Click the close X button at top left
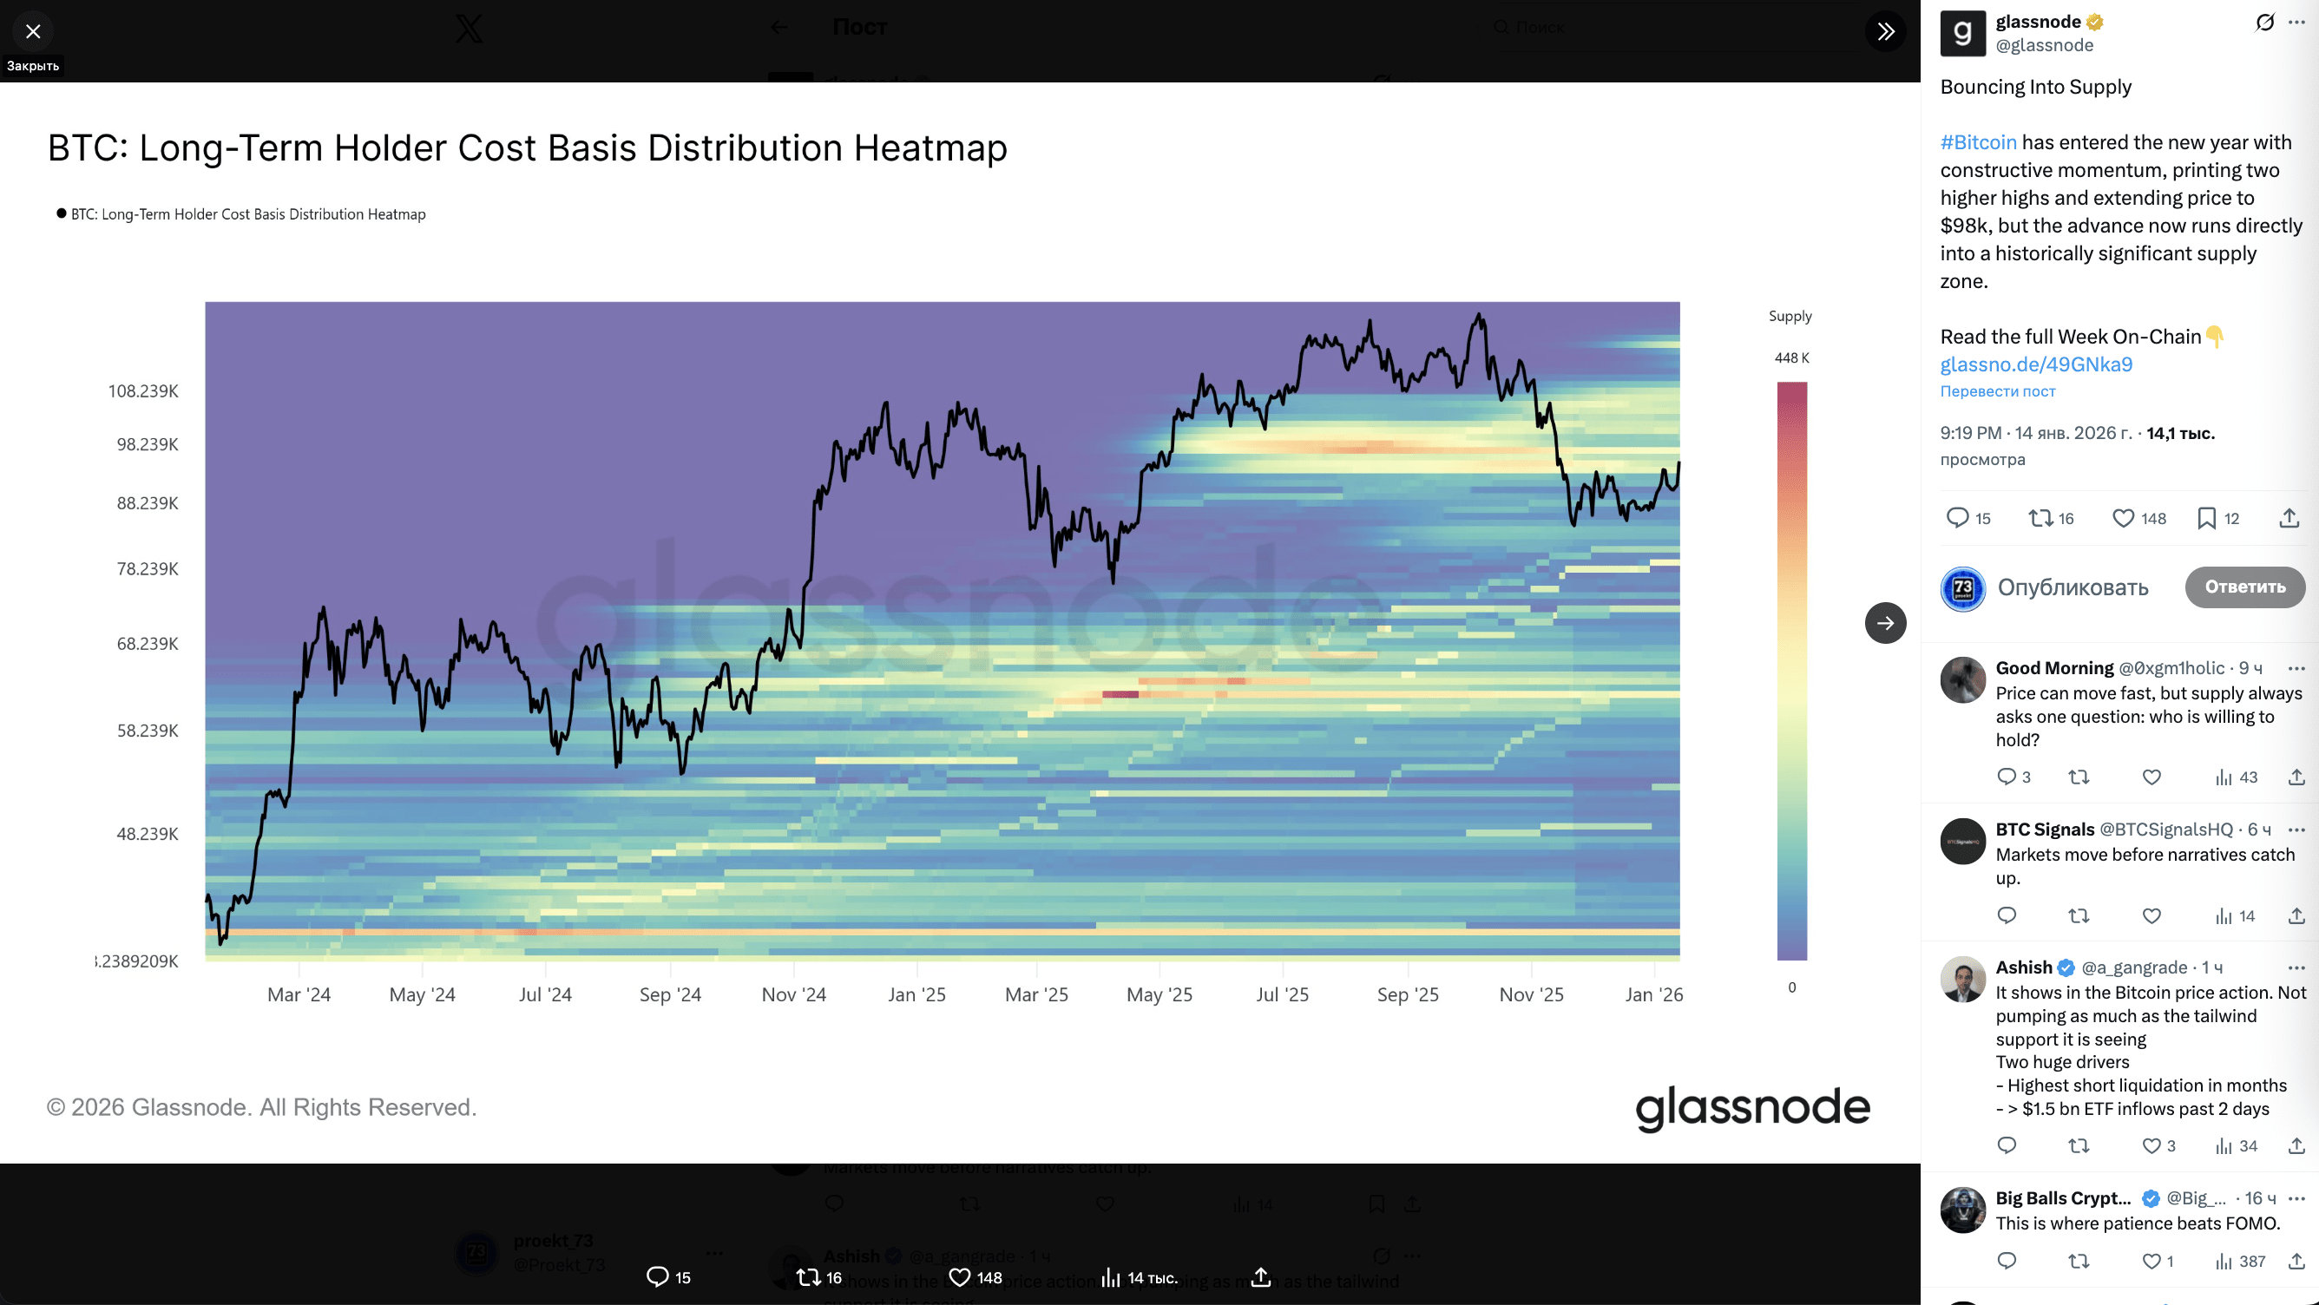(x=33, y=31)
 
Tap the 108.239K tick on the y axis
(x=143, y=390)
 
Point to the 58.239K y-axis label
(x=148, y=730)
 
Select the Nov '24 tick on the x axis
(x=793, y=994)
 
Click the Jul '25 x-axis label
(x=1282, y=994)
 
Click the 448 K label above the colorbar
(x=1791, y=357)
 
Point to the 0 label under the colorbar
(x=1791, y=987)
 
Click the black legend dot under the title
(x=62, y=213)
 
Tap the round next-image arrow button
(x=1885, y=623)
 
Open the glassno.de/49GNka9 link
(x=2036, y=364)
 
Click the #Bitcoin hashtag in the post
(x=1978, y=142)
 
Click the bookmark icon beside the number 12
(x=2206, y=518)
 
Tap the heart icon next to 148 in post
(x=2123, y=518)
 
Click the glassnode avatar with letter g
(x=1962, y=33)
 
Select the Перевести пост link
(x=1998, y=391)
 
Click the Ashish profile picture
(x=1962, y=980)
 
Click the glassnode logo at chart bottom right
(x=1752, y=1107)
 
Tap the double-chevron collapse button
(x=1885, y=31)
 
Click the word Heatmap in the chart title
(x=930, y=148)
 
